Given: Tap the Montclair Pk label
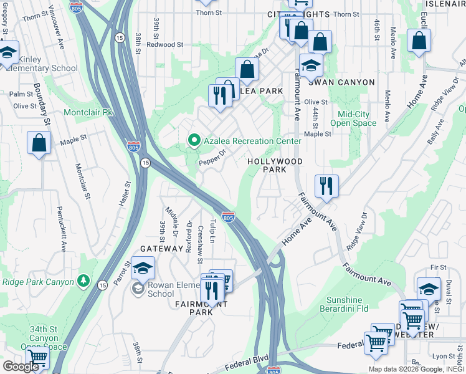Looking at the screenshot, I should coord(88,113).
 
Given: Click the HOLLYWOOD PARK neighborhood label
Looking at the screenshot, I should coord(275,165).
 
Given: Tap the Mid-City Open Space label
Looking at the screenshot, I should coord(357,118).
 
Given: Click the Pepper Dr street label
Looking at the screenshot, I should coord(211,158).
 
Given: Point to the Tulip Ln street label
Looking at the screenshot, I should coord(212,231).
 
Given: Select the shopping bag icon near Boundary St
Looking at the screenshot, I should coord(39,143).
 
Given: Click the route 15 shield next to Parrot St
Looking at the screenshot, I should coord(102,285).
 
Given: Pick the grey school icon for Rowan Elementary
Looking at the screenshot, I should coord(137,289).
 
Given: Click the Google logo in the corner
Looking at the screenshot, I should coord(21,367).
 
